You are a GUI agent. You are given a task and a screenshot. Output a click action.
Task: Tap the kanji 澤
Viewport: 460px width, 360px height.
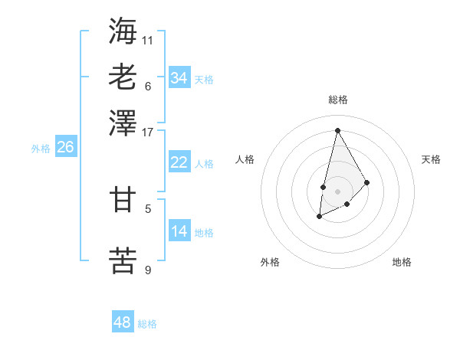coord(123,123)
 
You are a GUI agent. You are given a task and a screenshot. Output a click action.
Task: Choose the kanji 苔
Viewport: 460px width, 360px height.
coord(123,260)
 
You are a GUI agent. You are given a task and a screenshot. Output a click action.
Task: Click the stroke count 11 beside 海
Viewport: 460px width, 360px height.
coord(148,39)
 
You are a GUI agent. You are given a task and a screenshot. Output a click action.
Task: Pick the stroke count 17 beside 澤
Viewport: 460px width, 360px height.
coord(148,131)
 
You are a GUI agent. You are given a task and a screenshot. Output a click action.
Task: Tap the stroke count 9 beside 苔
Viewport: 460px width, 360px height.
coord(148,269)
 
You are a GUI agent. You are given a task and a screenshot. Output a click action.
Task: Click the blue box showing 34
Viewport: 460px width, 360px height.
coord(179,77)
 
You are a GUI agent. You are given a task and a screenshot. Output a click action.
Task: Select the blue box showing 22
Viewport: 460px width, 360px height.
coord(179,162)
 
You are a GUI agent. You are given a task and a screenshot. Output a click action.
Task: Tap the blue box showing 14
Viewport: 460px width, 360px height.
coord(179,231)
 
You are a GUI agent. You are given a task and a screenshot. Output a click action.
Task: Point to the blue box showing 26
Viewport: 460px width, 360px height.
coord(65,147)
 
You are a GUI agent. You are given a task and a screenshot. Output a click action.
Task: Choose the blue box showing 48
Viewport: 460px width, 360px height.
coord(123,322)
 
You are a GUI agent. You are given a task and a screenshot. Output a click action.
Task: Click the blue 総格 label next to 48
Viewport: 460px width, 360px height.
coord(147,324)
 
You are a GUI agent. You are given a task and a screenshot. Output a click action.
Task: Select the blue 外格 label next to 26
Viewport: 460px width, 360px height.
coord(40,149)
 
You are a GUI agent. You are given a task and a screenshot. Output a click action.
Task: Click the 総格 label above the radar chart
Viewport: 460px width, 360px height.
coord(337,100)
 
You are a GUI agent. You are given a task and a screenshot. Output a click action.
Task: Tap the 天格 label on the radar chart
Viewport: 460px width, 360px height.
coord(431,159)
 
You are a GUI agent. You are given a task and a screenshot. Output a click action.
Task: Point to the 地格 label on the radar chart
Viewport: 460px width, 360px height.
coord(402,262)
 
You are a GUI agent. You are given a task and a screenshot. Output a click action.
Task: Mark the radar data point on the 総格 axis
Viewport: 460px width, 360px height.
coord(337,129)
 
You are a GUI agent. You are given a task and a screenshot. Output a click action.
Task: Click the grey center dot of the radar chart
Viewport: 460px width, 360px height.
coord(337,191)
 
